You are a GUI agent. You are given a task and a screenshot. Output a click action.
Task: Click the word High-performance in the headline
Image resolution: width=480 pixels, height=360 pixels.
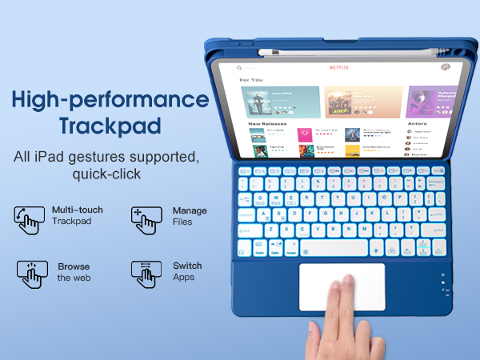tap(110, 100)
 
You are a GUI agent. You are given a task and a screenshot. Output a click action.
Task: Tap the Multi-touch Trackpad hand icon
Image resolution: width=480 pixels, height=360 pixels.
tap(30, 218)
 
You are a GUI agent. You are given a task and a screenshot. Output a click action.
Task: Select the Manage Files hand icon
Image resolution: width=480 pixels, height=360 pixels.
tap(146, 218)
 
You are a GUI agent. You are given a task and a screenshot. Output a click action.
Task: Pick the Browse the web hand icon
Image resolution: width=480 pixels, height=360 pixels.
tap(32, 274)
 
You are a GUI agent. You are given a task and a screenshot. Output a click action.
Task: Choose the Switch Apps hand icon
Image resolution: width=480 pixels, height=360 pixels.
tap(146, 274)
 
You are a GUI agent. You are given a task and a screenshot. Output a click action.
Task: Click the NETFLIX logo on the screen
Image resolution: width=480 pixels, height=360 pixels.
tap(339, 68)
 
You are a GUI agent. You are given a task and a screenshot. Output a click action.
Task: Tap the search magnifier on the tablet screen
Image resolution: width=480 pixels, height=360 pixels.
tap(238, 69)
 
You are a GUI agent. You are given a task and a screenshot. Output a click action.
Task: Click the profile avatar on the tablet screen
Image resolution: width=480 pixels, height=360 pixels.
tap(445, 68)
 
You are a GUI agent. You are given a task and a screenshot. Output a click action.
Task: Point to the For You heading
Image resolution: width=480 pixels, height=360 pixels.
tap(251, 81)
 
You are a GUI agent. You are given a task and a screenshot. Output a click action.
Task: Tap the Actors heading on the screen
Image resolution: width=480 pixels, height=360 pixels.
tap(416, 124)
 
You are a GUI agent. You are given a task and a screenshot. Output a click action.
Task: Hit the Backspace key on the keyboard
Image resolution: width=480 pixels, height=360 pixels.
tap(437, 182)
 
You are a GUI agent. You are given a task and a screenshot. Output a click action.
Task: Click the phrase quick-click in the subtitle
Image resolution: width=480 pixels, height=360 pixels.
tap(106, 174)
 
